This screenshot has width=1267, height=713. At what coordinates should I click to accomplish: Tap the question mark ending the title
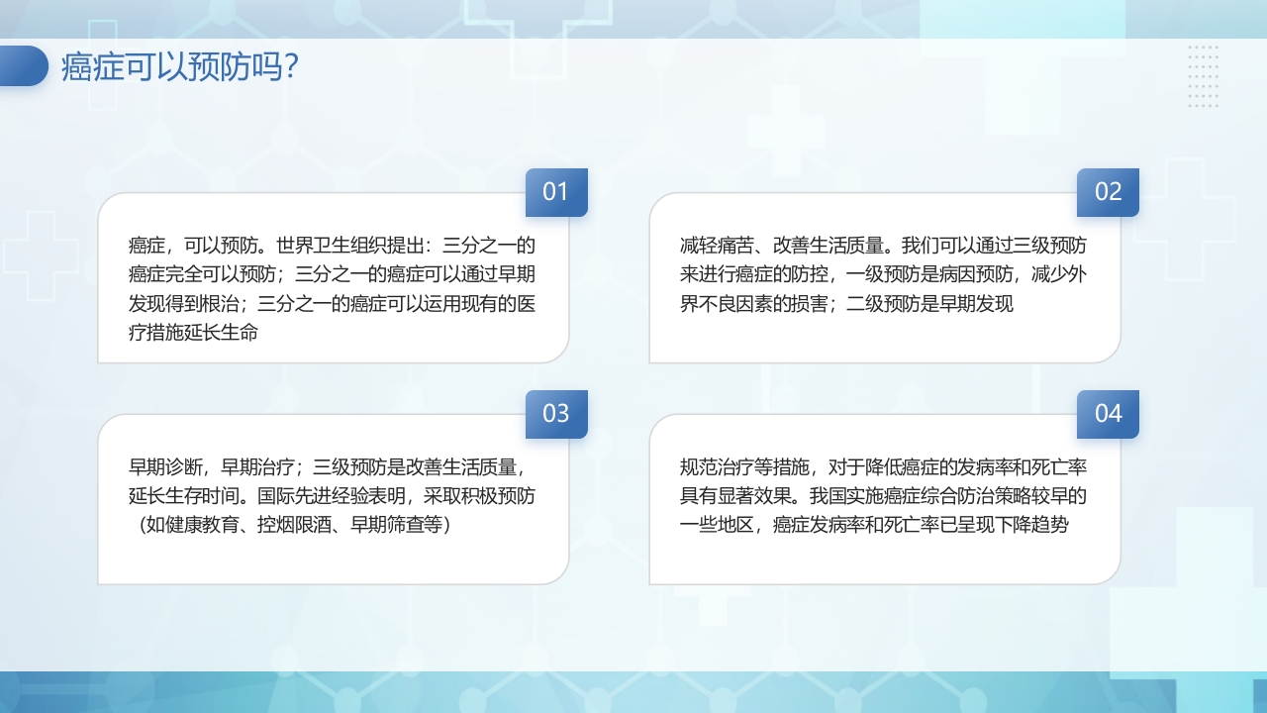click(289, 67)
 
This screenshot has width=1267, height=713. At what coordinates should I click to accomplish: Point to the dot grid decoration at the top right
click(1203, 76)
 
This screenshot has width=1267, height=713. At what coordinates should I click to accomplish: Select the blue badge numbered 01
click(556, 192)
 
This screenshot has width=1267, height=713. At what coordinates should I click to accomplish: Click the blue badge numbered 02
click(1108, 192)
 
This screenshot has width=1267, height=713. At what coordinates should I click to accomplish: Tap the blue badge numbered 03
click(556, 414)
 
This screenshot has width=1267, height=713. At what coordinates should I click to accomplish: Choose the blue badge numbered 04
click(1108, 414)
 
